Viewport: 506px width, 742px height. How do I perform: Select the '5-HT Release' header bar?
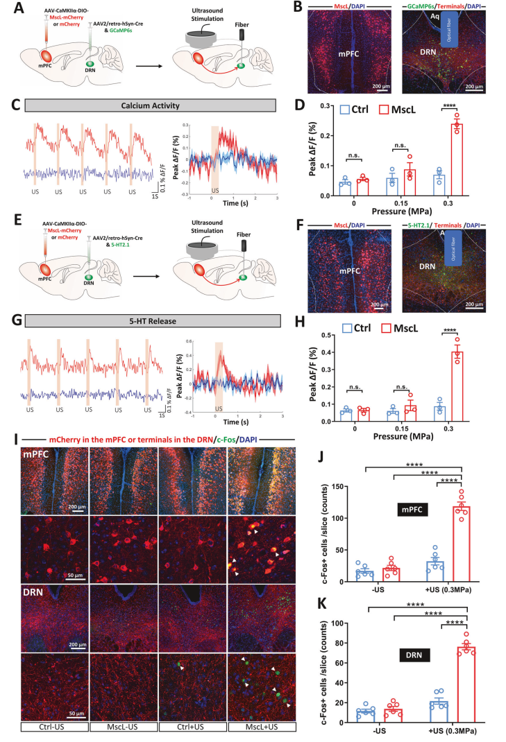[150, 320]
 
